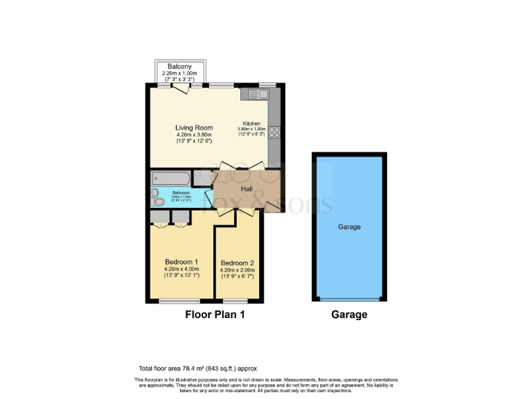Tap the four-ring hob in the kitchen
click(274, 132)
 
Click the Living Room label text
click(194, 127)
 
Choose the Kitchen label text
click(251, 123)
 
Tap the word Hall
click(247, 188)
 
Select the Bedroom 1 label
click(181, 261)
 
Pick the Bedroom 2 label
click(238, 263)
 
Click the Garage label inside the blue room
click(349, 227)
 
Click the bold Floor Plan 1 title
click(215, 314)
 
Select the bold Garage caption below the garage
click(349, 314)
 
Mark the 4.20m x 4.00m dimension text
click(181, 268)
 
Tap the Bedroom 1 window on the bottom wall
click(179, 301)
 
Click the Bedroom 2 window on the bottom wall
click(236, 301)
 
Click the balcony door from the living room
click(182, 88)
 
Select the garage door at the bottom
click(349, 299)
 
